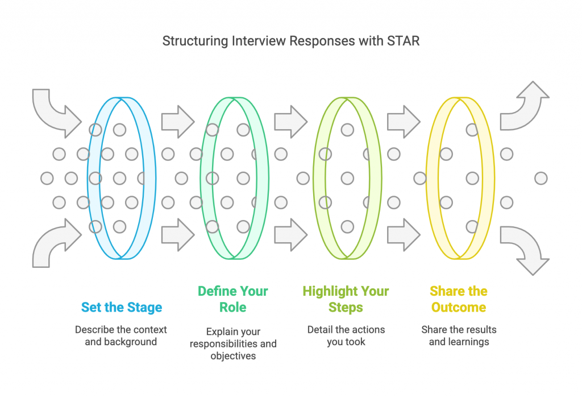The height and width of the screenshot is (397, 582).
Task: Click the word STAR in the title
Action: click(403, 41)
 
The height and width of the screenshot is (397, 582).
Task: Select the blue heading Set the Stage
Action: click(122, 308)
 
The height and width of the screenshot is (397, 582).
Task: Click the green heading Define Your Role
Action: click(232, 299)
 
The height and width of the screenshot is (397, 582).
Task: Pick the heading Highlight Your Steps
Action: click(346, 299)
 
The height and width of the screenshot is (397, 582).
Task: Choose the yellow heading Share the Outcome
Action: click(459, 299)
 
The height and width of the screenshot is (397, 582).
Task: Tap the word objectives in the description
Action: click(233, 356)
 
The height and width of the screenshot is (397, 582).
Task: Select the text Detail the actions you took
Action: click(346, 336)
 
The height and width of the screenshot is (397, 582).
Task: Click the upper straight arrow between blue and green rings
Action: click(178, 122)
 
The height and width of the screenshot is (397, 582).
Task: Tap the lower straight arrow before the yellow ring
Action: click(404, 235)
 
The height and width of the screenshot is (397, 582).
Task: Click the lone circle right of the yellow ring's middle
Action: click(541, 178)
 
